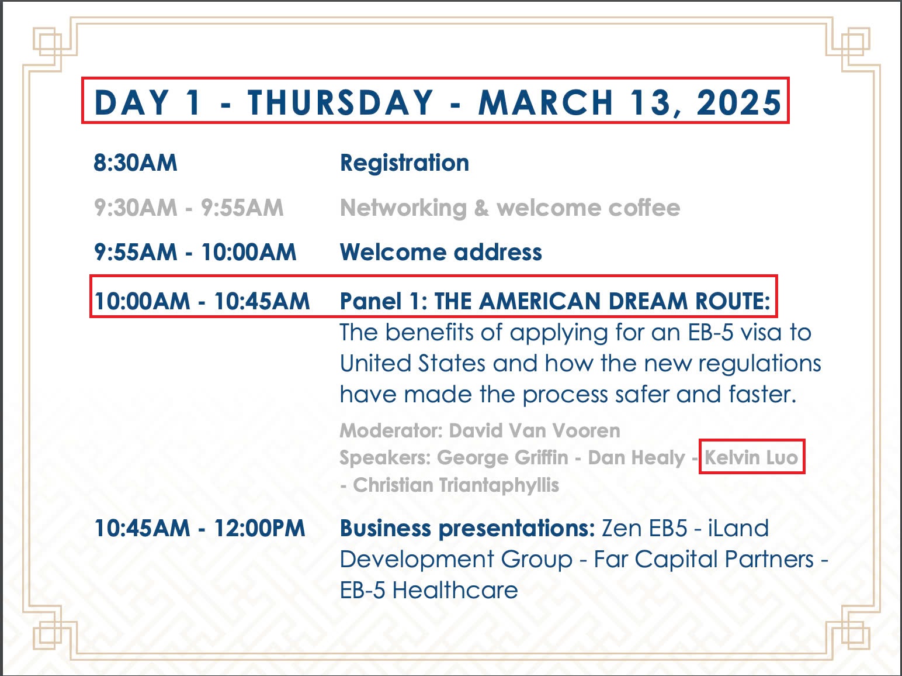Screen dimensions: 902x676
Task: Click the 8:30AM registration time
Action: click(135, 163)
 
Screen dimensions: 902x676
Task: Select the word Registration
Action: click(404, 163)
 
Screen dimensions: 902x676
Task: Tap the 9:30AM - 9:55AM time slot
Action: click(189, 208)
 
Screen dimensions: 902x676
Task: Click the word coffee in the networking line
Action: click(644, 207)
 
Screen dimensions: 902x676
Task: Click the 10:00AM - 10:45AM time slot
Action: click(202, 301)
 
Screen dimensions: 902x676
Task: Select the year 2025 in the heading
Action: click(739, 102)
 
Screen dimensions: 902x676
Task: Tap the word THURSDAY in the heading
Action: click(340, 102)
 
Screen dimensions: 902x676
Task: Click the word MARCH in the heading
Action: click(546, 102)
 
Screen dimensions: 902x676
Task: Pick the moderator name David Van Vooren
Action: click(534, 430)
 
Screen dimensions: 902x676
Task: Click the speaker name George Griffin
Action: click(502, 458)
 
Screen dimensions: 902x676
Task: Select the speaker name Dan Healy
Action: click(637, 458)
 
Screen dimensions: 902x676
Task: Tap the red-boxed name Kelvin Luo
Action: click(751, 458)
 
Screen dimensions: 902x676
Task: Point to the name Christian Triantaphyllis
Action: click(456, 485)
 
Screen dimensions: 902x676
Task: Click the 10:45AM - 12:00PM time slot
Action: click(200, 528)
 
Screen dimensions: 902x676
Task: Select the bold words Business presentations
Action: click(467, 529)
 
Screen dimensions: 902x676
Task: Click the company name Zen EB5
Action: click(644, 529)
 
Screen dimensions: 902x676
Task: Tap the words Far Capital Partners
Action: click(703, 559)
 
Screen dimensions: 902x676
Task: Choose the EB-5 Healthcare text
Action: click(429, 591)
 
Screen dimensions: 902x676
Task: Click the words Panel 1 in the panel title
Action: click(383, 301)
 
